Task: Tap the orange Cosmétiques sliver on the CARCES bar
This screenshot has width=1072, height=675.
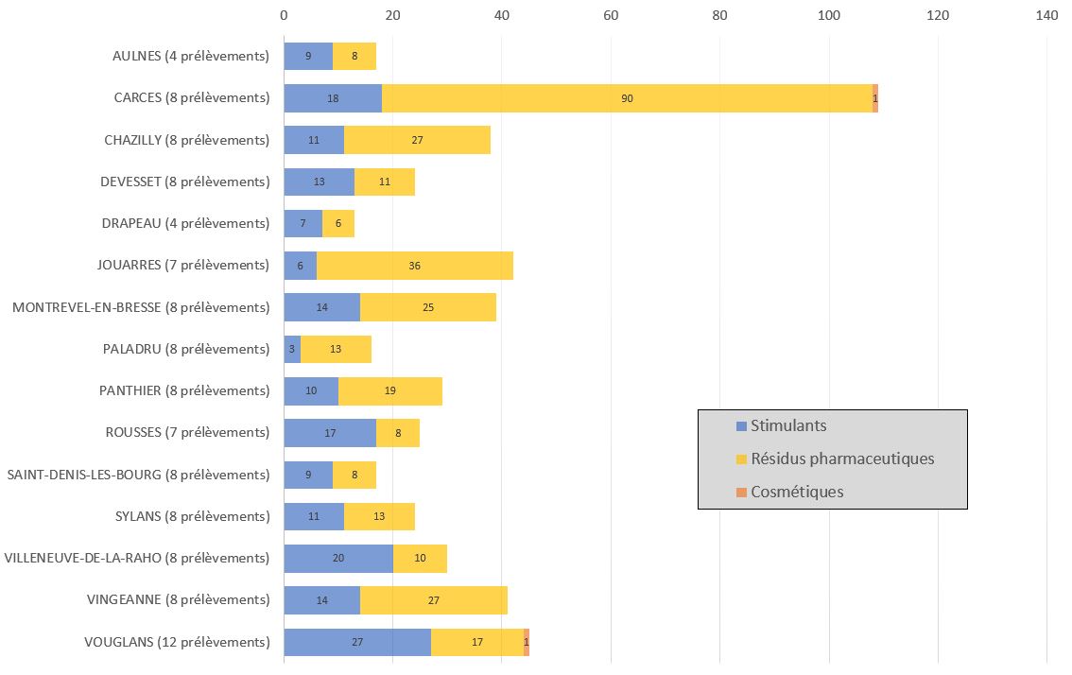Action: coord(875,98)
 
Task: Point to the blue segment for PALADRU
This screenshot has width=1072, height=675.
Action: coord(292,349)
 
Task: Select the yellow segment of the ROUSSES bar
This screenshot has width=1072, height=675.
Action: coord(398,433)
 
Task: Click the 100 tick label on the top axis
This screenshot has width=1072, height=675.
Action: coord(829,15)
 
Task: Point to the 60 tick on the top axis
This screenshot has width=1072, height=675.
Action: coord(611,15)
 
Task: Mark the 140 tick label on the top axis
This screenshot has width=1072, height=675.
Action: coord(1046,15)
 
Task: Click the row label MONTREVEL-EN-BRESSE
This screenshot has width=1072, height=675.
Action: coord(141,307)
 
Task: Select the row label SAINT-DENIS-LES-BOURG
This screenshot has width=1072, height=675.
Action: coord(138,475)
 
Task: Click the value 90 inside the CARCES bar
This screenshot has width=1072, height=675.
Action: coord(627,98)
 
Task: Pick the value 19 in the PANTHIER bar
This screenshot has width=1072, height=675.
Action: coord(390,391)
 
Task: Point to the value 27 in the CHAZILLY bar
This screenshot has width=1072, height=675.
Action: coord(417,140)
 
